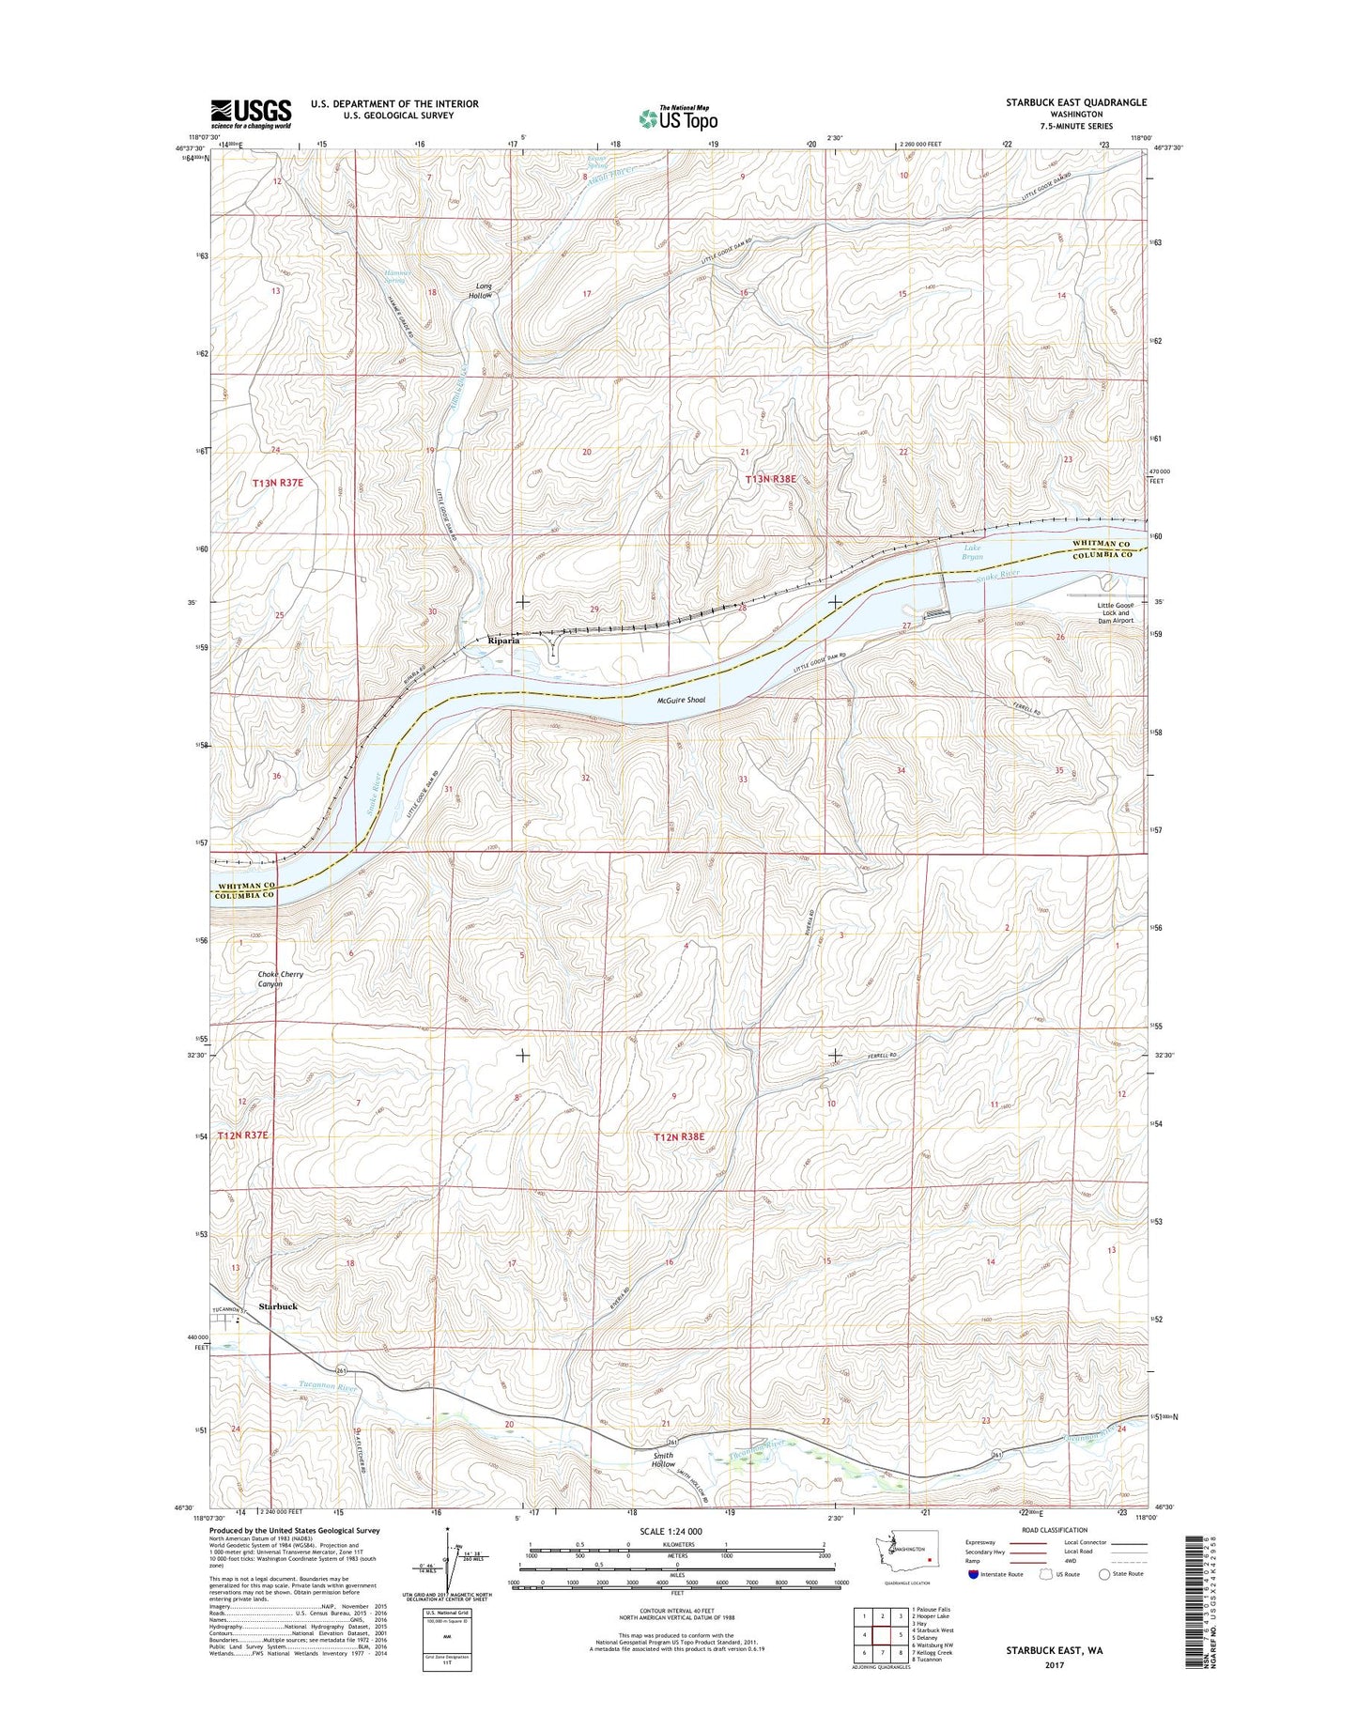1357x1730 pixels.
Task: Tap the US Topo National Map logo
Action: click(678, 117)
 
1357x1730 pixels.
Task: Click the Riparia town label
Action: click(510, 641)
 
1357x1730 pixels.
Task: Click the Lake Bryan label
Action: click(972, 552)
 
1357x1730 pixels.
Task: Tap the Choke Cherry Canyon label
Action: click(280, 979)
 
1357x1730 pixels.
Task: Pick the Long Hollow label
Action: click(482, 290)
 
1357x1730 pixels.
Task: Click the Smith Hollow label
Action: click(663, 1460)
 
